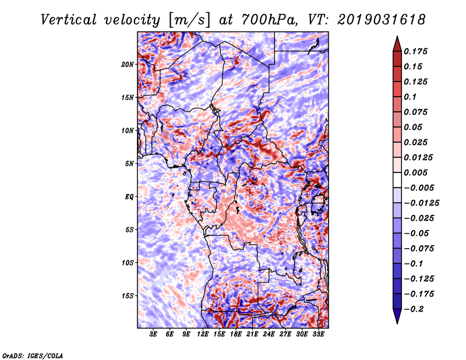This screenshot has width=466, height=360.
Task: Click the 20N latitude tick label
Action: click(128, 65)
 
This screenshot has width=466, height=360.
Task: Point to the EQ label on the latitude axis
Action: click(129, 197)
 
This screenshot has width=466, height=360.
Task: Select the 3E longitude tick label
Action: click(153, 334)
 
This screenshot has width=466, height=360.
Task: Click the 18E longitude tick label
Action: click(236, 334)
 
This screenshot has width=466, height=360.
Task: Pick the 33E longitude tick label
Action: click(318, 334)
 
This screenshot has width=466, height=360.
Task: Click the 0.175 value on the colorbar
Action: click(415, 51)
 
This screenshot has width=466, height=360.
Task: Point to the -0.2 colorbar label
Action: click(414, 309)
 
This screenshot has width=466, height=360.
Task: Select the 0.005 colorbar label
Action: click(415, 172)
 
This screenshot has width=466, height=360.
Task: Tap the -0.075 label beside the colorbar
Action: click(419, 249)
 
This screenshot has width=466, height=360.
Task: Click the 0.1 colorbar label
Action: click(410, 97)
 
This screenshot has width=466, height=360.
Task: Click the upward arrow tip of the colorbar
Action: click(397, 36)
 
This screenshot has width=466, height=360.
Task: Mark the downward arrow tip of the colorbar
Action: click(397, 324)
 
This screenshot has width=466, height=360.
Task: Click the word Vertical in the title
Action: click(68, 20)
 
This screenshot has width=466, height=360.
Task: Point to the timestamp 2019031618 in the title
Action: click(382, 20)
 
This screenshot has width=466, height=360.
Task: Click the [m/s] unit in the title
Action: click(190, 20)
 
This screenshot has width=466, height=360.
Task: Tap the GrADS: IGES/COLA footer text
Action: click(33, 356)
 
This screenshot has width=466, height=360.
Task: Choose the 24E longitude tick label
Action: click(269, 334)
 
